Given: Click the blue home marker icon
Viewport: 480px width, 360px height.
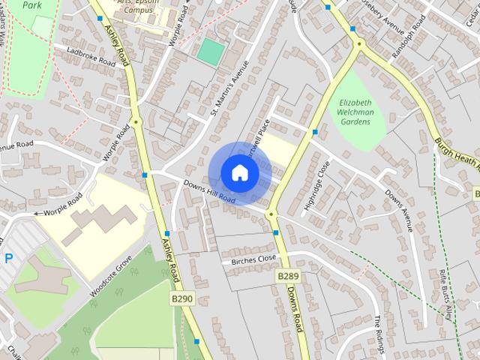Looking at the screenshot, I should [239, 172].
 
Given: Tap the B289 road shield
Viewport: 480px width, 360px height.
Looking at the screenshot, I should [287, 277].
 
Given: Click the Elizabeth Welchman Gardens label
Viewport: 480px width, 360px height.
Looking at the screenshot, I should [356, 112].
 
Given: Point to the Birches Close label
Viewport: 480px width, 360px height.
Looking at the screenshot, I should [253, 259].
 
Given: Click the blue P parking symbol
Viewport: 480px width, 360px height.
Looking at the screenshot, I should [9, 258].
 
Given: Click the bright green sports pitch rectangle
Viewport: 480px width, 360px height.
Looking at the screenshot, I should [211, 51].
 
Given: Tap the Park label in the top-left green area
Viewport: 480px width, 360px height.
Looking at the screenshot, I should [31, 4].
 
